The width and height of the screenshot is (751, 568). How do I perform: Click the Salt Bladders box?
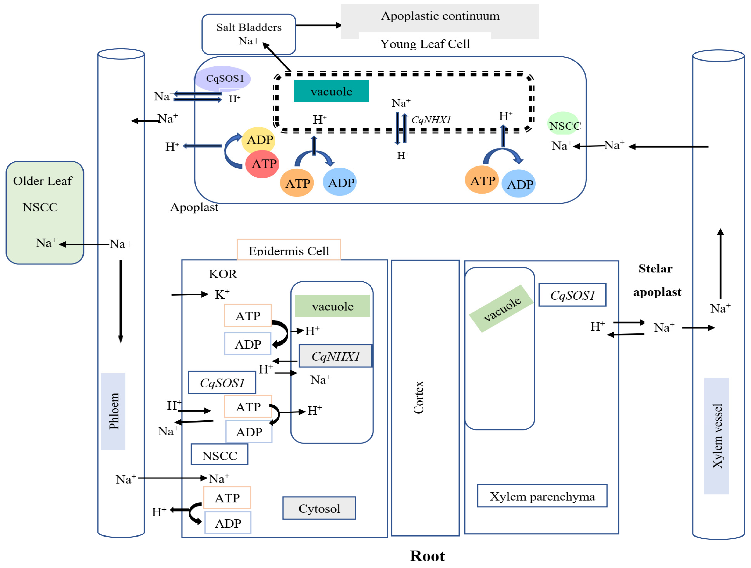click(x=249, y=34)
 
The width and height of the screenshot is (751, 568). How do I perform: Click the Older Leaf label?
click(x=43, y=181)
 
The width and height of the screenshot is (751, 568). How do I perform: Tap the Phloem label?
click(x=113, y=411)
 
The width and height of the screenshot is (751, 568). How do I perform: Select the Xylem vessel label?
click(x=717, y=436)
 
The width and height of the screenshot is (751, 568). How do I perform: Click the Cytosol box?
click(x=319, y=508)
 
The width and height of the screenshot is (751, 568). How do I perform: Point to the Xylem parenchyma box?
click(x=542, y=496)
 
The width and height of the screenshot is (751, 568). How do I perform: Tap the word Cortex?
click(x=419, y=397)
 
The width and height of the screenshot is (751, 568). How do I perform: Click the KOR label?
click(x=223, y=274)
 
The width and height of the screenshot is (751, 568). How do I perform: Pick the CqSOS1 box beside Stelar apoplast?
click(x=572, y=295)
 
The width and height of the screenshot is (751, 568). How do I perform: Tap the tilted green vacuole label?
click(x=501, y=308)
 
